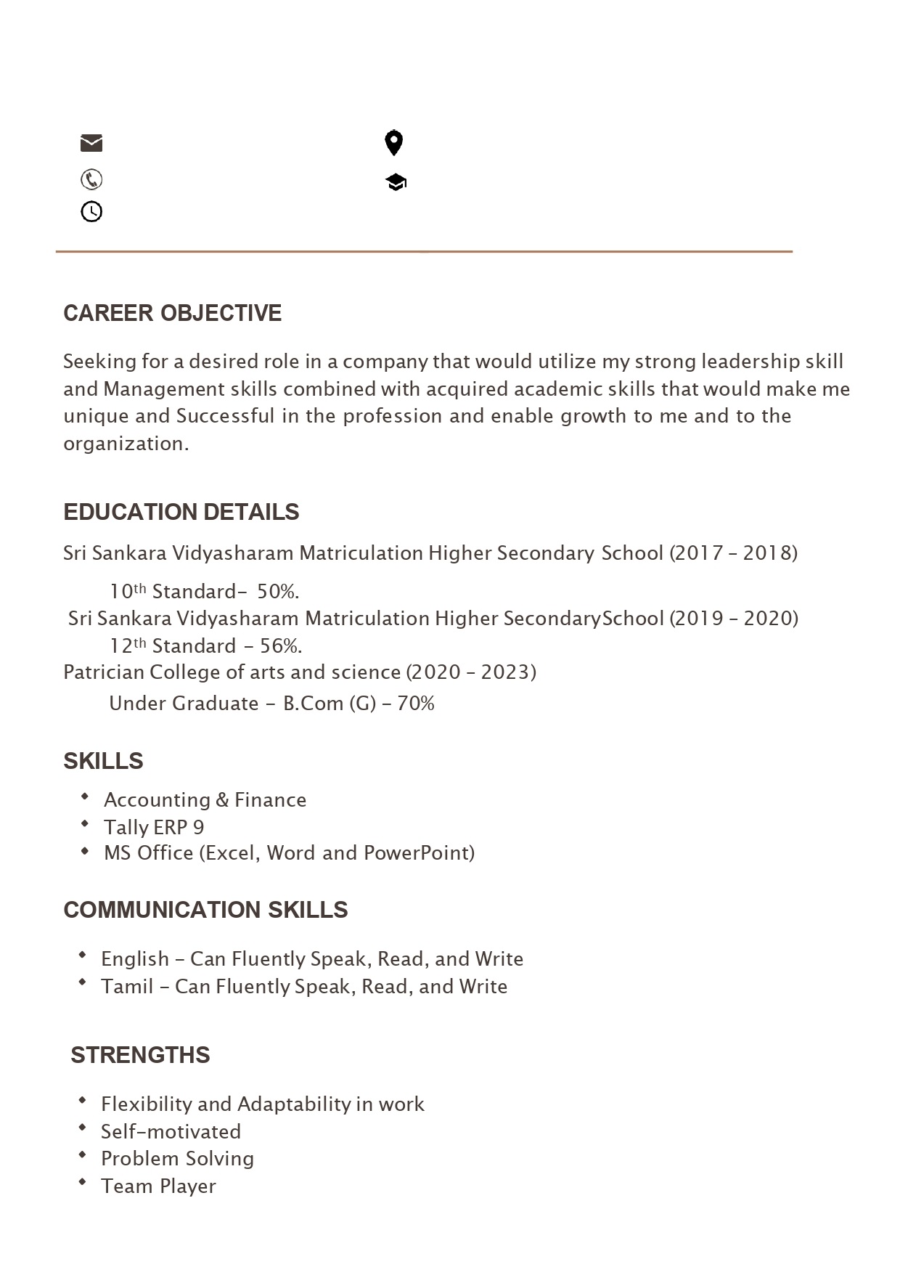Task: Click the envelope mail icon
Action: (x=91, y=143)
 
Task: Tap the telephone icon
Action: (x=91, y=179)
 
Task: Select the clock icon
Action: (x=91, y=212)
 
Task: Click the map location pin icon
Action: (x=393, y=143)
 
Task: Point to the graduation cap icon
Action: (x=396, y=182)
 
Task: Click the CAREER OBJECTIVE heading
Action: (x=173, y=313)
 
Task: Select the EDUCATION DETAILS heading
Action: (x=181, y=512)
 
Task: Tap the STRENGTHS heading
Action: (x=140, y=1055)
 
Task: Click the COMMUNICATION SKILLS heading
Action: (x=205, y=910)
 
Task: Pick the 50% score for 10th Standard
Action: (x=278, y=592)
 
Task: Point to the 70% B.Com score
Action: (x=416, y=704)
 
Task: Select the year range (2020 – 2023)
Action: (x=471, y=672)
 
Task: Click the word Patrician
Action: (x=104, y=672)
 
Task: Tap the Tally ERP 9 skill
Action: (x=154, y=827)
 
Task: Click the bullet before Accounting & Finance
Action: (x=86, y=797)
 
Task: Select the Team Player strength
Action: (x=158, y=1186)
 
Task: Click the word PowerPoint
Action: (x=419, y=852)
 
